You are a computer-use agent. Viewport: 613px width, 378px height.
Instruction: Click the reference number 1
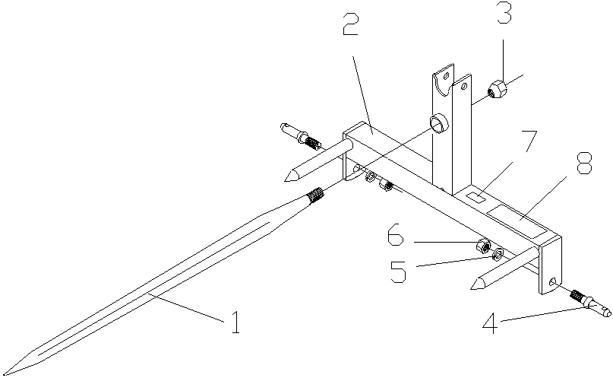(x=235, y=323)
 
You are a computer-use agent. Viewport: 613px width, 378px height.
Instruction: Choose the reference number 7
(x=529, y=142)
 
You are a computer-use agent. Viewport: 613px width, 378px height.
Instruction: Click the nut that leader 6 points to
(x=482, y=246)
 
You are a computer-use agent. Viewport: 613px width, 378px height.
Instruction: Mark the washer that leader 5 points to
(x=498, y=254)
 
